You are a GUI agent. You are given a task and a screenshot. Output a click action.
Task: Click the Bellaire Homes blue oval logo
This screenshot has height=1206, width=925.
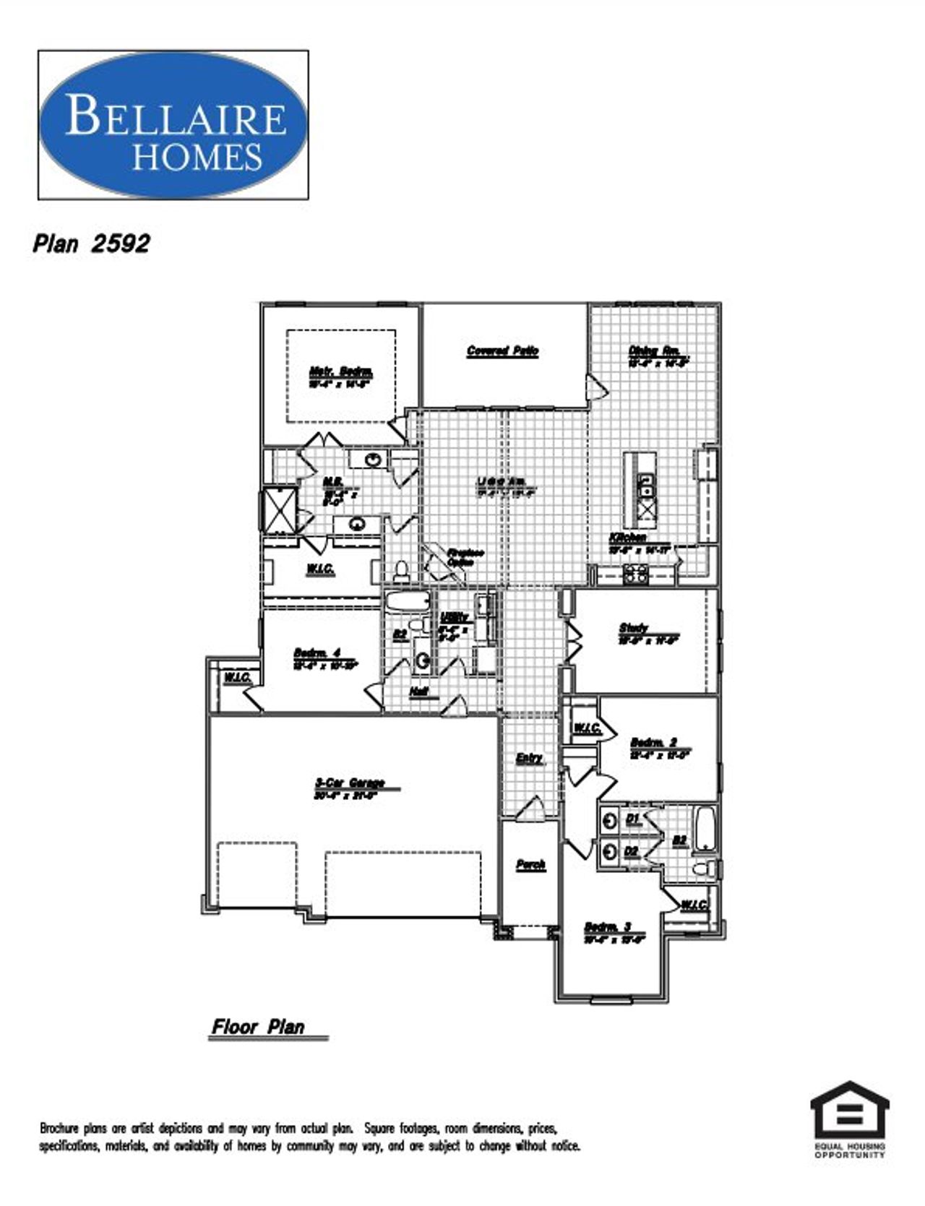point(173,124)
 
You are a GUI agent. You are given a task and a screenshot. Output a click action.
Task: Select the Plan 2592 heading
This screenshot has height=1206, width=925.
point(91,244)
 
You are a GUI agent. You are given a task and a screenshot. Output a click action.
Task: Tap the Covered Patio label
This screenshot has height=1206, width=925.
point(503,351)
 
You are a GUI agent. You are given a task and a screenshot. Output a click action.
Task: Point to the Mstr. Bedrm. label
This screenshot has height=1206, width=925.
point(341,373)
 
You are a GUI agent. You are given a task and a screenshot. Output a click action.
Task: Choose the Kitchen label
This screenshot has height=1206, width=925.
point(627,538)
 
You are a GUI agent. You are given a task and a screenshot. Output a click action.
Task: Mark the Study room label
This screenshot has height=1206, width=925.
point(634,628)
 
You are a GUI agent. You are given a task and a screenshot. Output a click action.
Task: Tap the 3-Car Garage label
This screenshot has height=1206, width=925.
point(350,783)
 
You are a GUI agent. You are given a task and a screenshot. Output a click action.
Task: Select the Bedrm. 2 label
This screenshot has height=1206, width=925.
point(653,743)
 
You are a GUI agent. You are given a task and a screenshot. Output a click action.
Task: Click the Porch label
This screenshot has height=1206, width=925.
point(530,865)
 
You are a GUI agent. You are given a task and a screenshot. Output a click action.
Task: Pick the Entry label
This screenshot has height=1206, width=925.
point(530,758)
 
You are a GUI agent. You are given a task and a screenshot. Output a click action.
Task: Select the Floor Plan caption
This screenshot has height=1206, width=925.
point(258,1027)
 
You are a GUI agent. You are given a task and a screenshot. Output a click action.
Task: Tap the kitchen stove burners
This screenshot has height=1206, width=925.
point(636,574)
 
